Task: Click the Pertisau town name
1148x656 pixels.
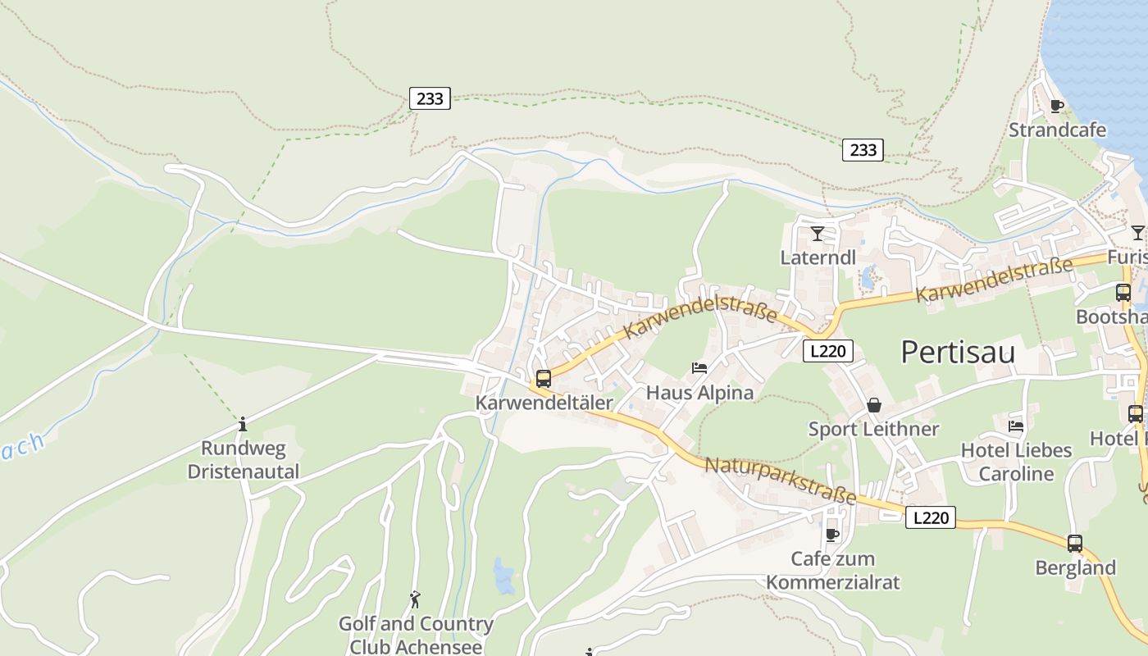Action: pos(958,352)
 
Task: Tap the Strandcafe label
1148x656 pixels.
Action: pos(1057,130)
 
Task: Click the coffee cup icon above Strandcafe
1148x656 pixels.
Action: pos(1057,106)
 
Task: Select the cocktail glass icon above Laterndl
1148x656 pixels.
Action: pos(818,234)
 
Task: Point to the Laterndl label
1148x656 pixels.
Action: pos(818,257)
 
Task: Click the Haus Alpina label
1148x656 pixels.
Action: pos(699,393)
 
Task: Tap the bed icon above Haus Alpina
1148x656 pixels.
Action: pos(699,368)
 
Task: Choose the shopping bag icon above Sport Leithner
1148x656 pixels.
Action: pos(874,405)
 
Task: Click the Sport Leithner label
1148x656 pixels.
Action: pos(874,429)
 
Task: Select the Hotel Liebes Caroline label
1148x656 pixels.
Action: pos(1016,462)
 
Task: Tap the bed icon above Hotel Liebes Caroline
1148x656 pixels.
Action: pos(1016,426)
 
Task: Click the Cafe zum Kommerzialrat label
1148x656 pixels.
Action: pos(832,571)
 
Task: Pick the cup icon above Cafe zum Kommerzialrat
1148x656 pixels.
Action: pos(832,535)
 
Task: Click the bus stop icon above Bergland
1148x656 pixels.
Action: pos(1075,543)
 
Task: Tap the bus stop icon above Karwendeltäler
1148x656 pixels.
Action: pos(544,379)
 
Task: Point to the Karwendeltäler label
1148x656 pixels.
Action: pos(544,403)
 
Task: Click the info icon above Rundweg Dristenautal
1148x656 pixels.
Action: pos(243,425)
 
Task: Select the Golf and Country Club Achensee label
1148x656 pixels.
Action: pos(416,635)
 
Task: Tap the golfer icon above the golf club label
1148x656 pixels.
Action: pos(415,599)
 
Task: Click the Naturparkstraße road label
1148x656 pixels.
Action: pos(781,481)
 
